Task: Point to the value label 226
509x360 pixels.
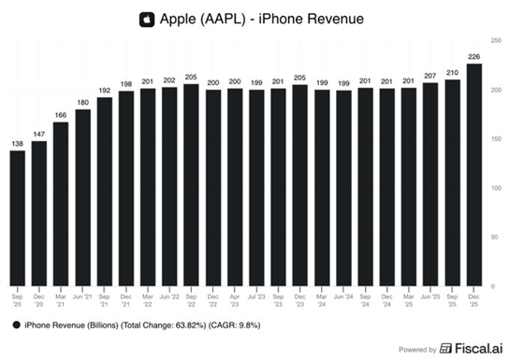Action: click(475, 55)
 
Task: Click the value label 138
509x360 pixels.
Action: click(17, 142)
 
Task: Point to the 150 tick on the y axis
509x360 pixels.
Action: click(497, 139)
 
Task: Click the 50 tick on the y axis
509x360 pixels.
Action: click(497, 238)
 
